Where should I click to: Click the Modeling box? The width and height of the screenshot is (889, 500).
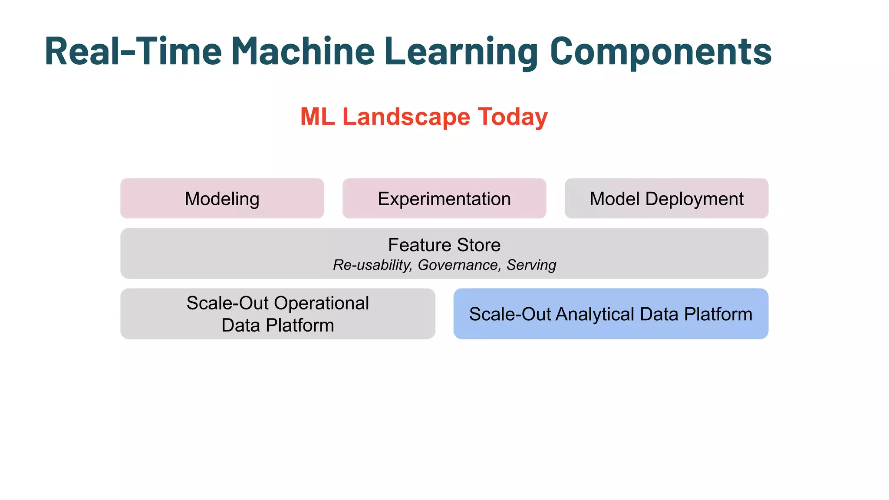pyautogui.click(x=222, y=199)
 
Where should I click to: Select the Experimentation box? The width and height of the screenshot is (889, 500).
pyautogui.click(x=444, y=199)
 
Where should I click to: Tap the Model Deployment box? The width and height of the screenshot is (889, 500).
pyautogui.click(x=666, y=199)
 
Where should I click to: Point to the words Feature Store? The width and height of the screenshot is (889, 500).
pyautogui.click(x=444, y=245)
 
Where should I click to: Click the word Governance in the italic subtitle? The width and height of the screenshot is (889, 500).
pyautogui.click(x=458, y=265)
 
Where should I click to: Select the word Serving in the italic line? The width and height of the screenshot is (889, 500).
pyautogui.click(x=531, y=265)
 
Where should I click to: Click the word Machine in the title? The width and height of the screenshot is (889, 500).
pyautogui.click(x=303, y=51)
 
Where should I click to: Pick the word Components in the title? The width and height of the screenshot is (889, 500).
pyautogui.click(x=660, y=51)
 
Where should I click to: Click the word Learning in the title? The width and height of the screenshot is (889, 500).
pyautogui.click(x=461, y=51)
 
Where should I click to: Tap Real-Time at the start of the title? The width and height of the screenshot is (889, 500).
pyautogui.click(x=133, y=51)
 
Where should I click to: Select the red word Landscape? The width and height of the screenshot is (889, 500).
pyautogui.click(x=406, y=117)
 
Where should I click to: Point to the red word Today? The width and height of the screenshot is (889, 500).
pyautogui.click(x=513, y=117)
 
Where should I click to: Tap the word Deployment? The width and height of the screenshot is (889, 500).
pyautogui.click(x=694, y=199)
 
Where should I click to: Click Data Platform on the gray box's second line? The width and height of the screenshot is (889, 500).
pyautogui.click(x=278, y=326)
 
